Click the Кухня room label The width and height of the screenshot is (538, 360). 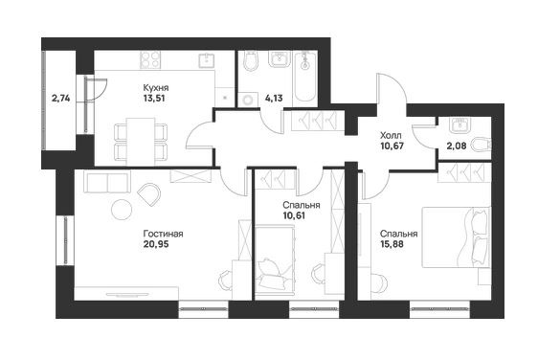(156, 88)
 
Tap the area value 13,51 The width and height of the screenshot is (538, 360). (154, 99)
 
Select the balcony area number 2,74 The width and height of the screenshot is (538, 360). (60, 99)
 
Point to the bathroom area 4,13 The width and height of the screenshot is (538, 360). (274, 99)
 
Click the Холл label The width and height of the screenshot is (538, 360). (391, 135)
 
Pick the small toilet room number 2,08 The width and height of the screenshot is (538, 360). (457, 146)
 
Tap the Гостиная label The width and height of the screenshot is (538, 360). (163, 234)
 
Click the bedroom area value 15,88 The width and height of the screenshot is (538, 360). (392, 244)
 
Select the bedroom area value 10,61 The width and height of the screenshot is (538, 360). (294, 215)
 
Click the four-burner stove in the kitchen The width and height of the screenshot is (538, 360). (150, 59)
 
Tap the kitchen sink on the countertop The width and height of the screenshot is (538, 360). (207, 60)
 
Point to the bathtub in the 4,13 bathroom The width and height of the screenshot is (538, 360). (305, 77)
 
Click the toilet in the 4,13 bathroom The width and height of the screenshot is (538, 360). (250, 61)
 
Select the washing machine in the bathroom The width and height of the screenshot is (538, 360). (248, 100)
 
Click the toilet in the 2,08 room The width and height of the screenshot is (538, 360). (482, 146)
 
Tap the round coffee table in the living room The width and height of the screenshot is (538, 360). (122, 209)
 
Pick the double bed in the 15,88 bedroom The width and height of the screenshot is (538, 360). (456, 236)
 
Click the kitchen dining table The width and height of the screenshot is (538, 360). (141, 142)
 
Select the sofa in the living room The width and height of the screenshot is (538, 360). (107, 183)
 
